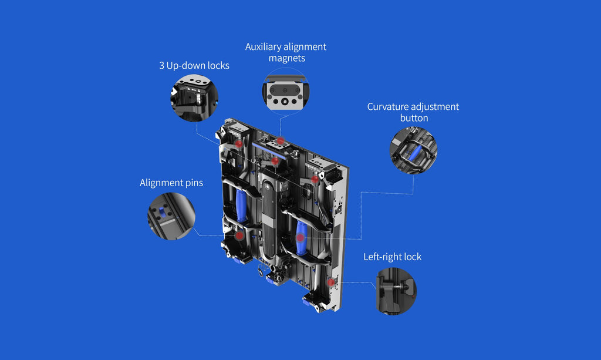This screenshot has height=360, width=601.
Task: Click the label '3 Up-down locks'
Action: pos(194,66)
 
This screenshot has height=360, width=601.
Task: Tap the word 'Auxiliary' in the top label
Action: pos(264,47)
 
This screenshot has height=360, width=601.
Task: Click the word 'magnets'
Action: pos(286,58)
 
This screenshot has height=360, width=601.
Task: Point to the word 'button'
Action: pos(414,117)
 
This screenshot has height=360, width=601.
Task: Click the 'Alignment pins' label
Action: pos(171,183)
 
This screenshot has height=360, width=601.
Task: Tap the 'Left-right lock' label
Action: pos(392,257)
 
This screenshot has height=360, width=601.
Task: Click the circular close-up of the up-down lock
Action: pos(194,97)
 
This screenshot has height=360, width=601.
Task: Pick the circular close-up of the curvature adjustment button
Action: pos(413,151)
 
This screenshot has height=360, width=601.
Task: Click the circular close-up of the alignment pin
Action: pos(171,216)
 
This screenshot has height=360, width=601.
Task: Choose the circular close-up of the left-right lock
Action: pos(396,291)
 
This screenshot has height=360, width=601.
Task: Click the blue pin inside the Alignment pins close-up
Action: pos(163,211)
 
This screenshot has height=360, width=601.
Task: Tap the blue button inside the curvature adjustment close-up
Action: pos(415,153)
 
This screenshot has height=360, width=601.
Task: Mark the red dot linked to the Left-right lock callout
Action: pos(331,282)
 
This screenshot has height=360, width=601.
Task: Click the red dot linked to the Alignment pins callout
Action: pos(239,235)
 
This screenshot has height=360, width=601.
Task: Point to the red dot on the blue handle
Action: pos(300,238)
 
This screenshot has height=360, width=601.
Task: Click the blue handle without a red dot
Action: pos(241,206)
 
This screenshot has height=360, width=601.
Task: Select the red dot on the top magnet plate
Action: pos(281,141)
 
